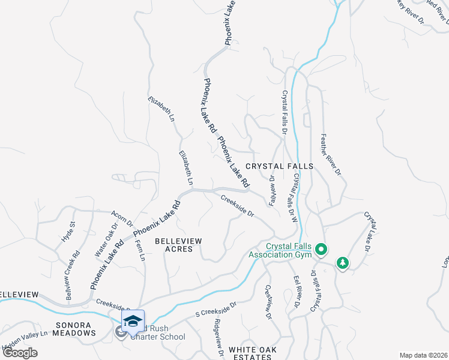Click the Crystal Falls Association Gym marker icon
(x=321, y=248)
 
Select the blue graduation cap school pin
(x=133, y=319)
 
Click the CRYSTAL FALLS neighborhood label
(x=279, y=166)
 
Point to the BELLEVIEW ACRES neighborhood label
(x=178, y=244)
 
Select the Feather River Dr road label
(x=331, y=154)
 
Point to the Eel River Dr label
(x=295, y=292)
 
